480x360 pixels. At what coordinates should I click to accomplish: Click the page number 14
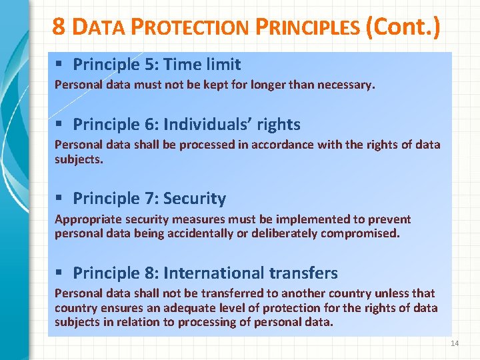pos(455,343)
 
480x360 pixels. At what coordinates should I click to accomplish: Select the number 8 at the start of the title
pos(59,27)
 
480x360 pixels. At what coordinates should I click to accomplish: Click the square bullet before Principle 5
pos(59,64)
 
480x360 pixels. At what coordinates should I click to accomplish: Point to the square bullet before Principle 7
pos(59,198)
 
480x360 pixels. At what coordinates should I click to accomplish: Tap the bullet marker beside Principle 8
pos(59,273)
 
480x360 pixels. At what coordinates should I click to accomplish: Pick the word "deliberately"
pos(284,233)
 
